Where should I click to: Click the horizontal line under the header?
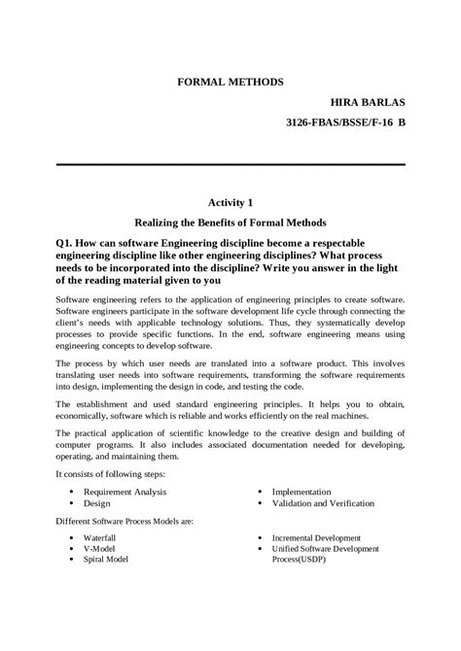coord(230,165)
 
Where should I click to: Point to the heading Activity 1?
coord(230,202)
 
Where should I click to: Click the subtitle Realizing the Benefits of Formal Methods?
coord(230,222)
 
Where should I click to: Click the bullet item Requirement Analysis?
coord(124,493)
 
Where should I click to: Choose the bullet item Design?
coord(96,504)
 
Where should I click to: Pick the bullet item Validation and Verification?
coord(327,504)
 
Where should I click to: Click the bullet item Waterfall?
coord(100,537)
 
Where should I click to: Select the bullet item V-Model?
coord(99,549)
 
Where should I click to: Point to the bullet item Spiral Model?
coord(106,560)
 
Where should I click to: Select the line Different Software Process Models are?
coord(124,521)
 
